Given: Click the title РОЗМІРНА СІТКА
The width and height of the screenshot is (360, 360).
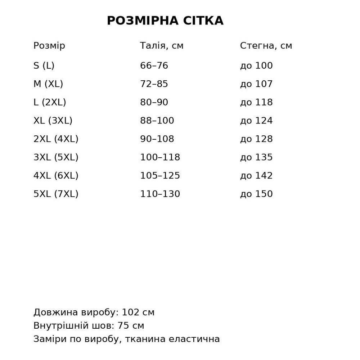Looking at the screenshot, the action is pyautogui.click(x=165, y=21).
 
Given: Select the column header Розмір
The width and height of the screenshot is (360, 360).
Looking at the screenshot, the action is pyautogui.click(x=49, y=46).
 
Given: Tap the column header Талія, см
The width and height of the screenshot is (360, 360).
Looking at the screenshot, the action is pyautogui.click(x=162, y=46).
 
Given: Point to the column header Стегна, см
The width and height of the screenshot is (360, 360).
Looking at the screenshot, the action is pyautogui.click(x=266, y=46).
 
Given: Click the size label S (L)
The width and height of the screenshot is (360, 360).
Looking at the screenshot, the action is pyautogui.click(x=44, y=66).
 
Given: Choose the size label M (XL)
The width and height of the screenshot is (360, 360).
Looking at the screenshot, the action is pyautogui.click(x=48, y=84).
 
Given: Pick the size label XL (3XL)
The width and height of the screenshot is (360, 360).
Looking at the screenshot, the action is pyautogui.click(x=53, y=121).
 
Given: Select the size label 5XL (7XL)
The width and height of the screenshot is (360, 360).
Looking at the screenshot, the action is pyautogui.click(x=56, y=194).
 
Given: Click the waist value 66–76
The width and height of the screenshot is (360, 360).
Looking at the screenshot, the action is pyautogui.click(x=154, y=66).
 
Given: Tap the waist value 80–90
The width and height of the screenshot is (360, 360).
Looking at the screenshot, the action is pyautogui.click(x=154, y=103).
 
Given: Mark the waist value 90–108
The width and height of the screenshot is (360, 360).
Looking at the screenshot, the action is pyautogui.click(x=157, y=139).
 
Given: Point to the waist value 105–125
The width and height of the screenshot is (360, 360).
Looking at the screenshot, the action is pyautogui.click(x=160, y=176).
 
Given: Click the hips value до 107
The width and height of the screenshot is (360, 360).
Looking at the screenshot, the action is pyautogui.click(x=256, y=84).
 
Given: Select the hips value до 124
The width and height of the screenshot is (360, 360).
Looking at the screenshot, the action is pyautogui.click(x=256, y=121).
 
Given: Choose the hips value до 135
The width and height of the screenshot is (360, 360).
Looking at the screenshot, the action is pyautogui.click(x=256, y=158).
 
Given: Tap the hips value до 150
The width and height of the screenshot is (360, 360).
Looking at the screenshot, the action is pyautogui.click(x=256, y=194).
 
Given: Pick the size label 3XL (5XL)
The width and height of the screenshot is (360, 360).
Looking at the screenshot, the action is pyautogui.click(x=56, y=158).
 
